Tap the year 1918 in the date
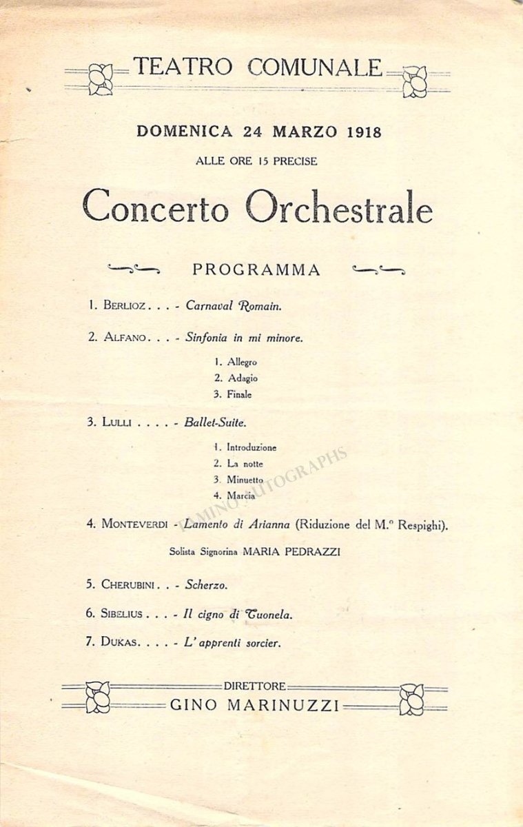click(356, 131)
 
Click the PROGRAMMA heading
click(256, 270)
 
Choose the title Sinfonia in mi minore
click(245, 338)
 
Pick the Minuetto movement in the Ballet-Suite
click(247, 480)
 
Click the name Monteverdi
click(135, 523)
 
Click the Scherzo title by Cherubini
click(207, 584)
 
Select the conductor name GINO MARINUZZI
click(254, 706)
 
